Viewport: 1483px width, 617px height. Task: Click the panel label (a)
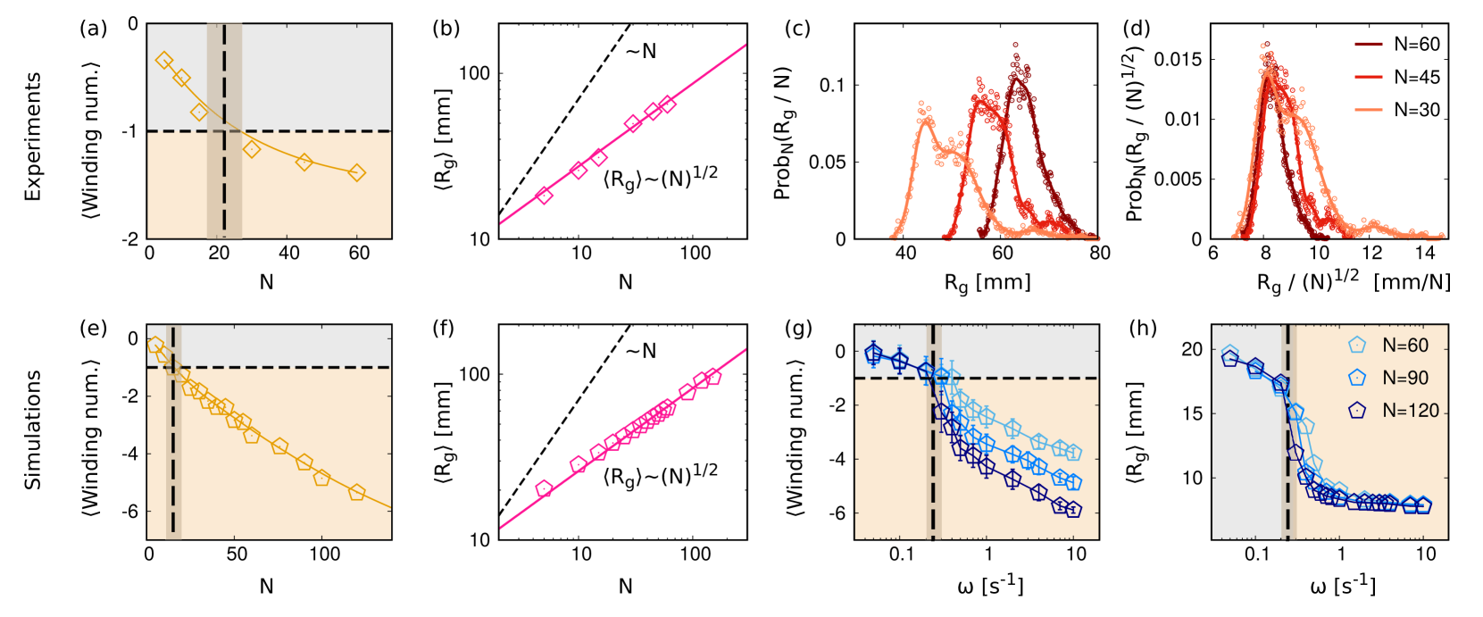coord(93,29)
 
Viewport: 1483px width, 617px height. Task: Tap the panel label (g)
coord(797,329)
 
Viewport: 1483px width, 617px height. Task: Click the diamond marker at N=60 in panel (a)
coord(357,172)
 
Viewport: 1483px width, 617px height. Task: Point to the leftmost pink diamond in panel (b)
coord(544,196)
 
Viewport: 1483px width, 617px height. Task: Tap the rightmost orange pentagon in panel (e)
coord(357,492)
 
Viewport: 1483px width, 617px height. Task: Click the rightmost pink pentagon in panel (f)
coord(712,377)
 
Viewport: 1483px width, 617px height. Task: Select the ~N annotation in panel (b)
coord(641,51)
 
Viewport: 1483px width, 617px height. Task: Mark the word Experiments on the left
coord(33,137)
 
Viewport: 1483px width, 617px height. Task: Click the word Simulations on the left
coord(33,430)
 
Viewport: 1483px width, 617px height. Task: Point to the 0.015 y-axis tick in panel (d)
coord(1178,59)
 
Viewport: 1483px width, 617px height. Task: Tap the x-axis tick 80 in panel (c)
coord(1099,253)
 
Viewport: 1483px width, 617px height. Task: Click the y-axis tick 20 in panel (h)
coord(1192,349)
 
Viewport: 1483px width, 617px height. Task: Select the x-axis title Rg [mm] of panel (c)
coord(987,283)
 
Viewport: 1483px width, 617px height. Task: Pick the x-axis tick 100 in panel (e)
coord(324,554)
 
